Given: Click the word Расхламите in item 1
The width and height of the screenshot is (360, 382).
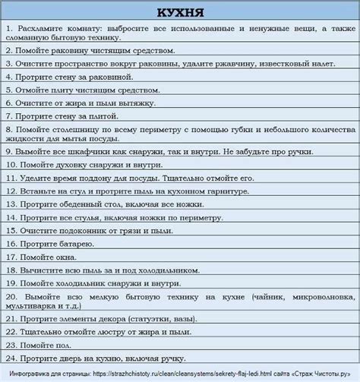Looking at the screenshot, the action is pos(47,28).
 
